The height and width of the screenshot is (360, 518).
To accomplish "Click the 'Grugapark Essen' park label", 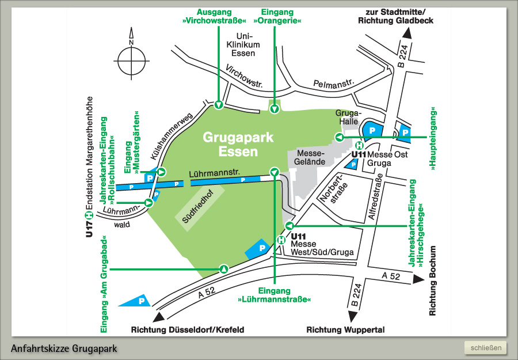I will tap(238, 145).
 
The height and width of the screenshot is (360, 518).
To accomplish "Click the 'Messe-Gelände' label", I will tap(310, 158).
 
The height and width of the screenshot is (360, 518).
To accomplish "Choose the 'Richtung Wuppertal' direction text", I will tap(345, 330).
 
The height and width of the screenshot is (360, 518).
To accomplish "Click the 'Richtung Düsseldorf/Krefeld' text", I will tap(188, 330).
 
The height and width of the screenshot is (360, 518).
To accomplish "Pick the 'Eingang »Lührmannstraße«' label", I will tap(275, 295).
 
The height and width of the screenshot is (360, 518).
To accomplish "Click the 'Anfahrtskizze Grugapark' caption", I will tap(64, 348).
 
